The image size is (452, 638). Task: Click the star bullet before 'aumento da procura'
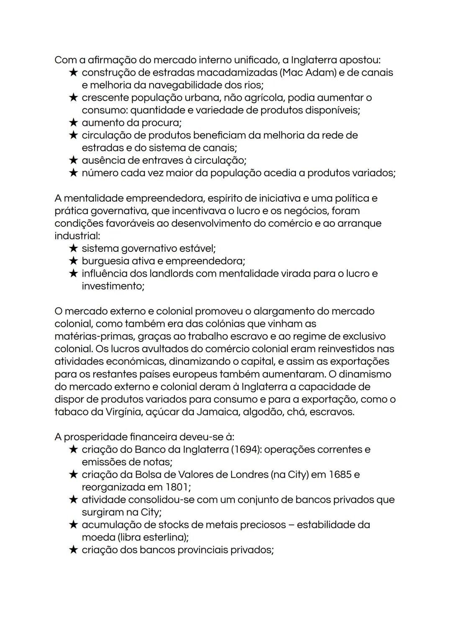point(73,123)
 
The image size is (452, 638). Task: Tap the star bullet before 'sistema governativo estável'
point(73,249)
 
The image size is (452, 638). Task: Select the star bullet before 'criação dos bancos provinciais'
point(73,550)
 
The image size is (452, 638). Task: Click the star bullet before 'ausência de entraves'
point(73,160)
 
